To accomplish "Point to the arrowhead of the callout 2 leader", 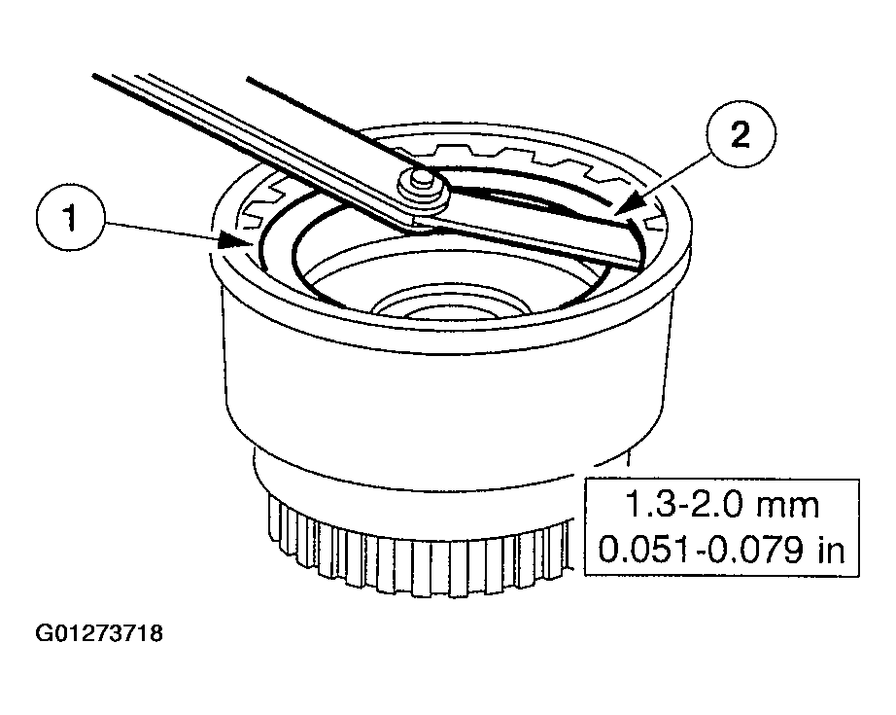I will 620,207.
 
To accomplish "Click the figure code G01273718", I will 99,634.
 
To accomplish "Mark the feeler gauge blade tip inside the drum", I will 622,244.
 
